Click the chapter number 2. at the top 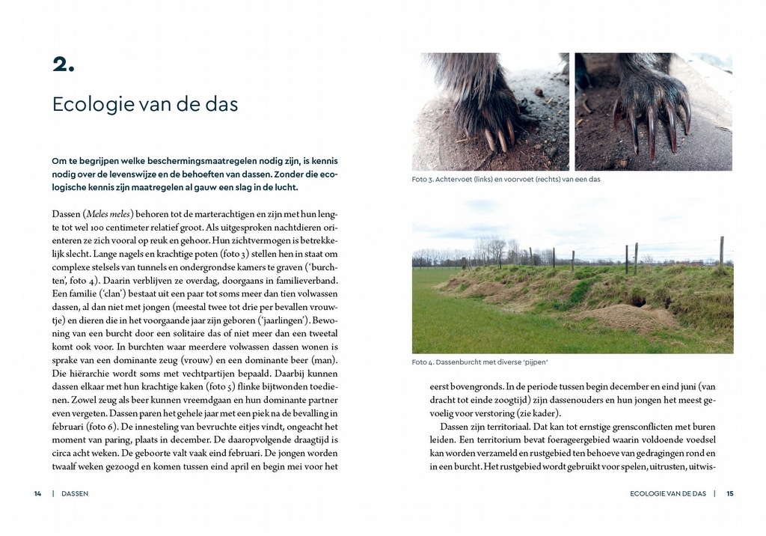[x=64, y=64]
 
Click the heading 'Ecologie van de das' [x=145, y=104]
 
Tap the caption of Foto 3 [x=506, y=180]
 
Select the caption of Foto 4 [x=479, y=362]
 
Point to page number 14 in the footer [x=37, y=493]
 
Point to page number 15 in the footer [x=730, y=493]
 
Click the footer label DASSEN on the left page [x=75, y=493]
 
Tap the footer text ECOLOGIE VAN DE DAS [x=668, y=493]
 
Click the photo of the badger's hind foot [x=490, y=112]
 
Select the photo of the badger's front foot [x=653, y=112]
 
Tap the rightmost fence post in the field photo [x=722, y=251]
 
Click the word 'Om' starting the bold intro [x=59, y=161]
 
